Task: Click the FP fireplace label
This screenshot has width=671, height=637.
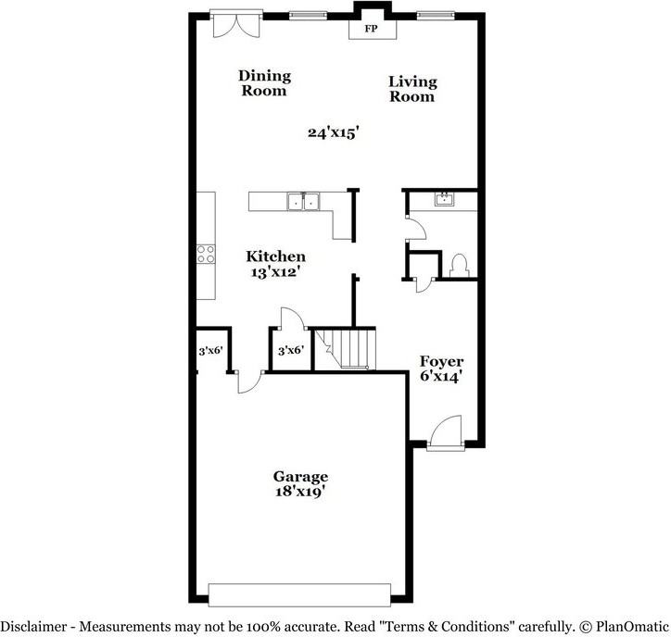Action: point(371,30)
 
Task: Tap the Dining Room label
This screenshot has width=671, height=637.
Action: point(264,83)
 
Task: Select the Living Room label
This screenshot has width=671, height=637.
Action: point(412,89)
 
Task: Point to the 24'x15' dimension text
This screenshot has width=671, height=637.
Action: point(334,132)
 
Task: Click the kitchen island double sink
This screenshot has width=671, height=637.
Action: point(304,201)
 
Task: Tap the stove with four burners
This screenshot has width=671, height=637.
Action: point(206,254)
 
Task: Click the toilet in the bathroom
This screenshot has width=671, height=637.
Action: point(456,265)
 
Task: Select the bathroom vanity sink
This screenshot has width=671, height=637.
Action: point(445,199)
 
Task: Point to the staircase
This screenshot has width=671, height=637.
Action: point(351,348)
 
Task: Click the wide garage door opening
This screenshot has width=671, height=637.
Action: point(299,594)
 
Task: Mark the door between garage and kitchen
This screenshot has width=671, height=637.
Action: point(248,380)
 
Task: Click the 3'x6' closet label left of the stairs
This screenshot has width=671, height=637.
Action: point(291,350)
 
